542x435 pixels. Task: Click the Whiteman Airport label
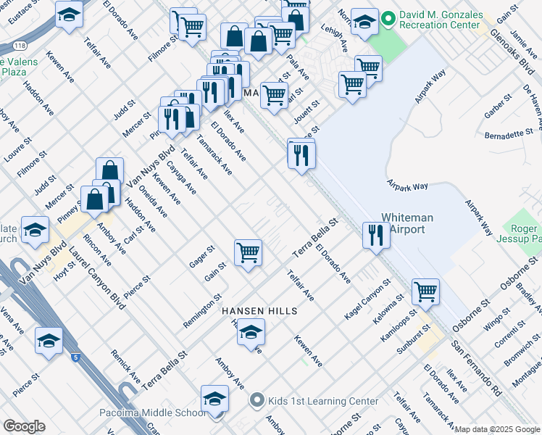point(406,223)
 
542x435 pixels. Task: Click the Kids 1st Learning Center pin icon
point(256,400)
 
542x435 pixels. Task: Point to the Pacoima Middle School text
point(153,413)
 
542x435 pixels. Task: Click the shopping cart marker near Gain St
point(248,254)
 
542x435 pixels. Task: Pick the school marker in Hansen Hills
point(251,332)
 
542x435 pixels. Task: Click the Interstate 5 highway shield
point(75,357)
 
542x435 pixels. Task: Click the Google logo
point(24,426)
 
